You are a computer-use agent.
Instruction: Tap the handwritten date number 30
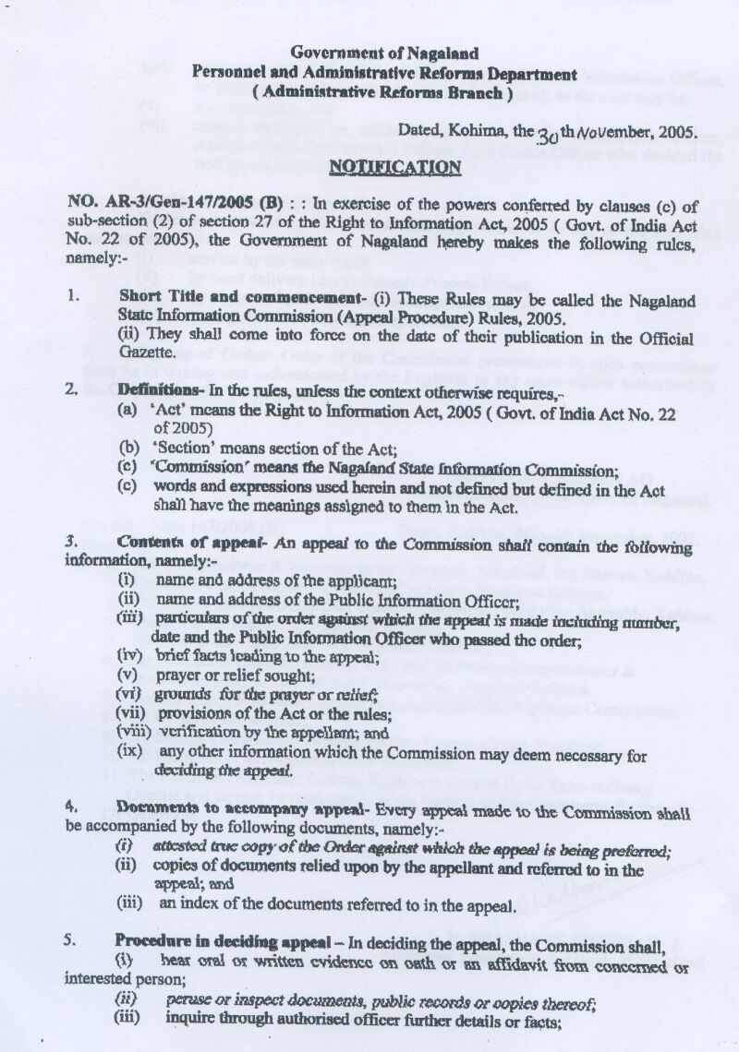coord(548,134)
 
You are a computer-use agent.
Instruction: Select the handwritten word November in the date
coord(601,132)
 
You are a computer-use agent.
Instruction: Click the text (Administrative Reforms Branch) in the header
coord(383,92)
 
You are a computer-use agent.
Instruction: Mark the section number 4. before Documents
coord(70,806)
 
